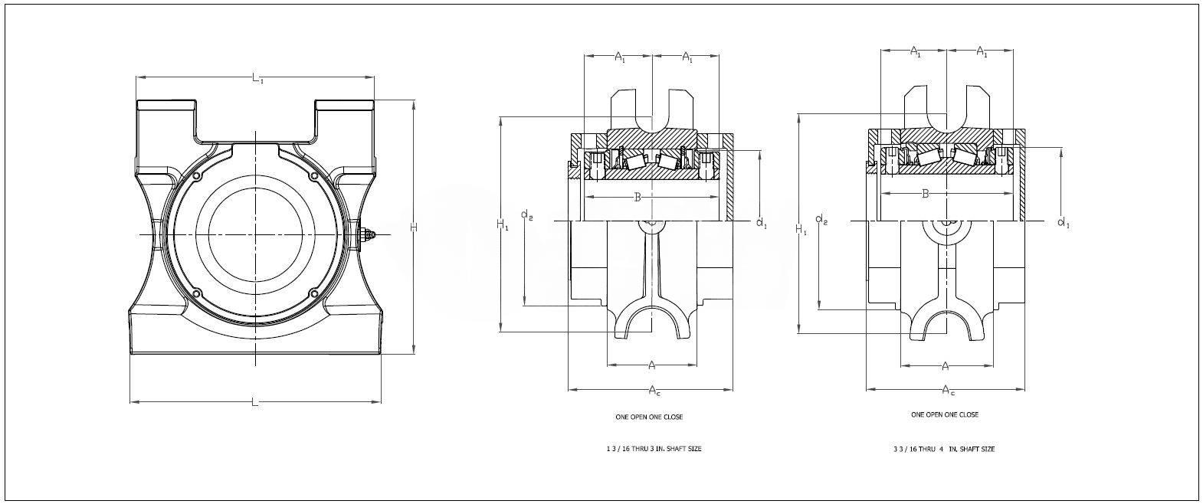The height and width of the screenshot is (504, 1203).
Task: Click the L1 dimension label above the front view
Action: click(257, 77)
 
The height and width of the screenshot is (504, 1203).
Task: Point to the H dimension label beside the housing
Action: click(414, 227)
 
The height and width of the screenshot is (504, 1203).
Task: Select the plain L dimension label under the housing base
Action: click(255, 403)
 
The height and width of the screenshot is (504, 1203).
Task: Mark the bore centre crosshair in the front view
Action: click(255, 233)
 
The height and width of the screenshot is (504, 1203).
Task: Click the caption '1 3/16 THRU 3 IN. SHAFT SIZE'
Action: click(653, 449)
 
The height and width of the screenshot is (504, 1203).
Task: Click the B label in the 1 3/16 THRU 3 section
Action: click(638, 198)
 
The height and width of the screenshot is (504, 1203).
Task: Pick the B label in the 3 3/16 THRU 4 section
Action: click(926, 194)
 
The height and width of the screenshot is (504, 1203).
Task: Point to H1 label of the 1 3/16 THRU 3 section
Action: click(502, 224)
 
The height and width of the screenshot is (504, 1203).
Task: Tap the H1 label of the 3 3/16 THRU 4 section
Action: click(801, 229)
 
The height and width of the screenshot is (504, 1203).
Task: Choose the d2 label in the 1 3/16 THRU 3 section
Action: click(527, 215)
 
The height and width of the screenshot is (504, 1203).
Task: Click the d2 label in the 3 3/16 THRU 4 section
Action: click(821, 221)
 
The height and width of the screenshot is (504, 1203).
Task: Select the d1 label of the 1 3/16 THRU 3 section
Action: click(762, 223)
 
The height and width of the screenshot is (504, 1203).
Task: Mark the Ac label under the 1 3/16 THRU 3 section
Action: click(654, 391)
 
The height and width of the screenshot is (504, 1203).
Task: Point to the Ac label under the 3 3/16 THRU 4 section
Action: click(948, 391)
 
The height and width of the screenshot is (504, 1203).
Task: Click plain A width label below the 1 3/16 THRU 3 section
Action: click(652, 365)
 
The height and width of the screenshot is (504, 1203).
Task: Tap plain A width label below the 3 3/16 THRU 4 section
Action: click(946, 365)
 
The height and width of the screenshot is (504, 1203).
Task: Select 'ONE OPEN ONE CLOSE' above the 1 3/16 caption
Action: click(649, 417)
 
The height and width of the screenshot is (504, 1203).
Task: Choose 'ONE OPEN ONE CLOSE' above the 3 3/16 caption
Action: click(944, 414)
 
